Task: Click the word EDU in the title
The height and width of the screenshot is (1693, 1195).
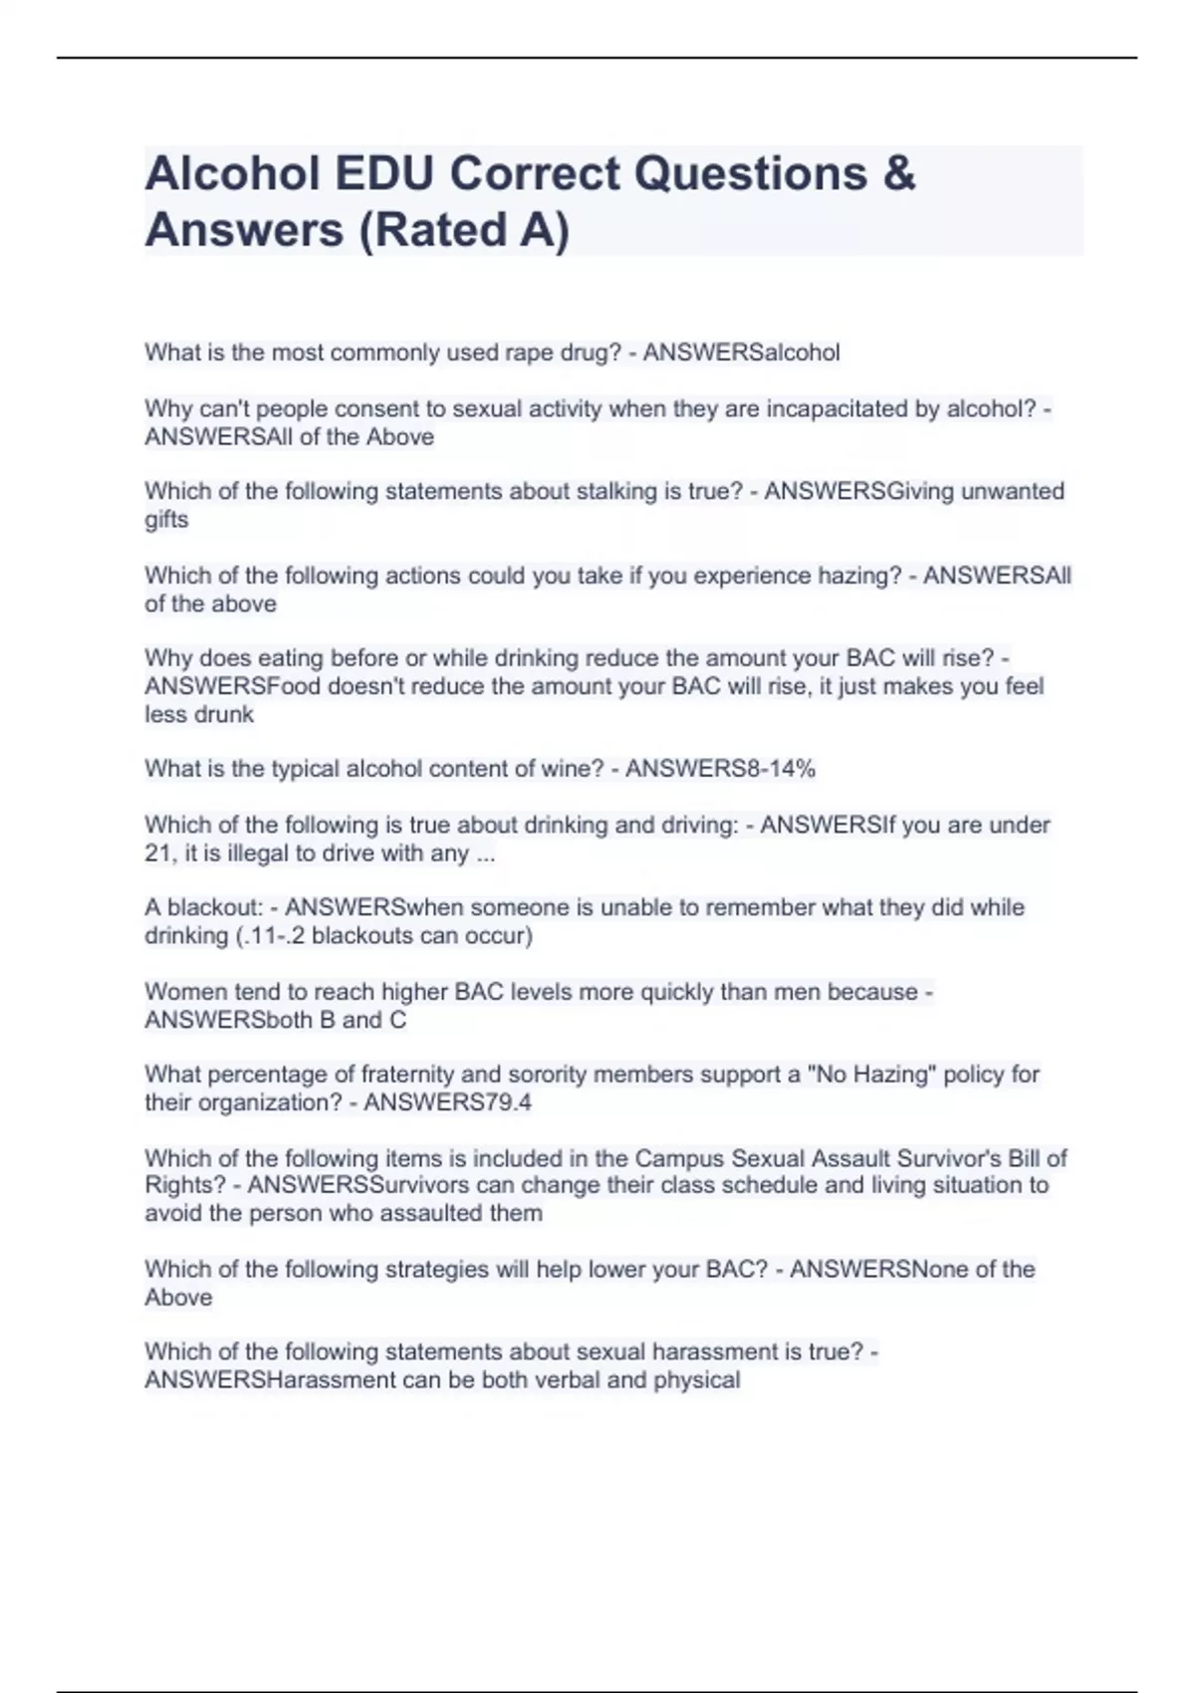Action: [384, 174]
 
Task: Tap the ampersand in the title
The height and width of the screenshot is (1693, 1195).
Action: [898, 174]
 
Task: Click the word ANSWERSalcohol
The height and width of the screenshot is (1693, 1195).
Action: [741, 353]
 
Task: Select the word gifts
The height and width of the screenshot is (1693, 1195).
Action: [166, 520]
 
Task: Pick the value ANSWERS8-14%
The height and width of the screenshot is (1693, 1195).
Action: [720, 769]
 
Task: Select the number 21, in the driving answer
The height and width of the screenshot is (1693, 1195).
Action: [162, 853]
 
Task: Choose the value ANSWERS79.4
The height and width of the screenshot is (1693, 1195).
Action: [447, 1102]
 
